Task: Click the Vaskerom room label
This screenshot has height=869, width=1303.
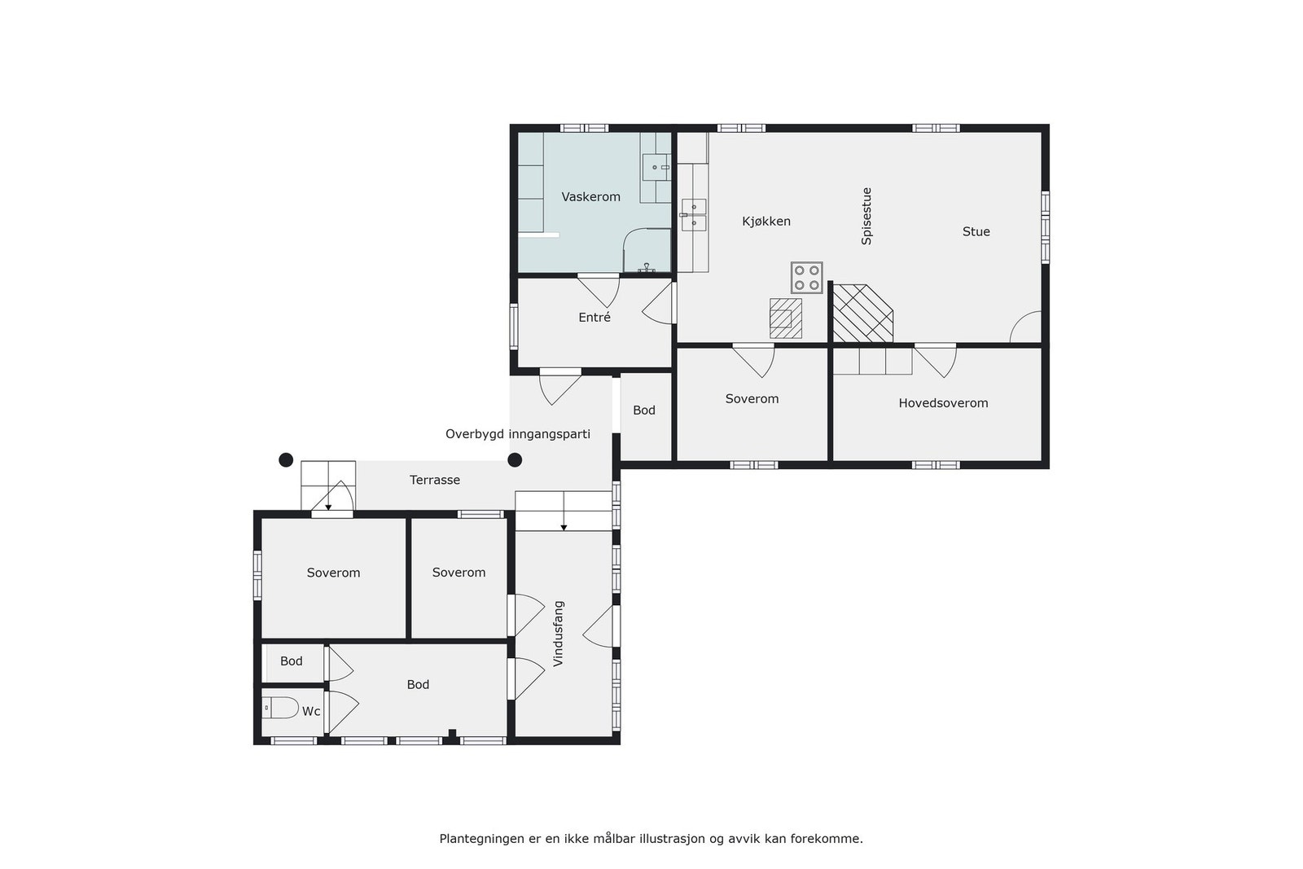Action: [x=590, y=196]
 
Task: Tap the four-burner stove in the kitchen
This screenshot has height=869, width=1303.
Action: [x=806, y=277]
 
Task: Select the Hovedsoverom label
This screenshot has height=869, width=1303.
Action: [x=943, y=403]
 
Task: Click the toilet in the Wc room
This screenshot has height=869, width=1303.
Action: [x=282, y=708]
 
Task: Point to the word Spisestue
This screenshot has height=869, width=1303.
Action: [x=866, y=217]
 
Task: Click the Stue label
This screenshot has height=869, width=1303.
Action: [x=976, y=231]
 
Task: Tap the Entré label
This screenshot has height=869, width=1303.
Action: [x=594, y=318]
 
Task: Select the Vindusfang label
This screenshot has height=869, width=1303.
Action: [x=559, y=634]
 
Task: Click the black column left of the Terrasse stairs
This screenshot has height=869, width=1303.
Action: [x=286, y=460]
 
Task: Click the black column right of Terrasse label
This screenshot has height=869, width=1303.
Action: [x=515, y=460]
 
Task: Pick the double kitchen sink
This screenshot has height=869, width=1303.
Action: [x=694, y=215]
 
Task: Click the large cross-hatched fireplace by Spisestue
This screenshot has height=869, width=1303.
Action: [x=862, y=313]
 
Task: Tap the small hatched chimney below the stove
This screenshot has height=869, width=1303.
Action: [x=785, y=318]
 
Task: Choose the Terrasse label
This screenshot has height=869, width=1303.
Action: [x=434, y=480]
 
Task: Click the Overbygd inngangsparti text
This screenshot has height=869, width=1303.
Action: [x=517, y=434]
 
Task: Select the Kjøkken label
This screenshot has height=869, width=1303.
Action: [x=766, y=222]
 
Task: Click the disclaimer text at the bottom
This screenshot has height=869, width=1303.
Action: [x=651, y=838]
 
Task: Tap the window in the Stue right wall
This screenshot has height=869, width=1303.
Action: [x=1045, y=227]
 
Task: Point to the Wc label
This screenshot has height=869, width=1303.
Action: [x=311, y=711]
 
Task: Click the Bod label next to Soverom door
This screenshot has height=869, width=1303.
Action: [x=643, y=410]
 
